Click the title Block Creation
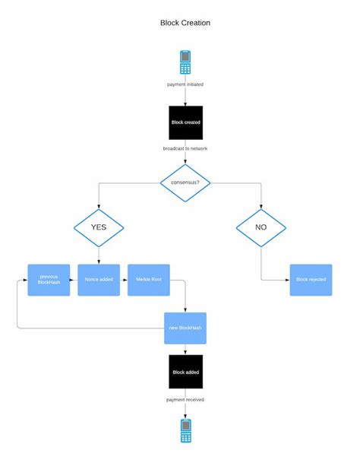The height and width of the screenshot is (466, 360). point(185,23)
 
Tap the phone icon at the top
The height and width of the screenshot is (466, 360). point(185,62)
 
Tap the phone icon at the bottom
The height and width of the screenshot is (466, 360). point(185,430)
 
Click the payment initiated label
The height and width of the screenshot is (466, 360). point(185,84)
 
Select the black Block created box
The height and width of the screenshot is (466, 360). point(185,122)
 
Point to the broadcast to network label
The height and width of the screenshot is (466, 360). point(185,148)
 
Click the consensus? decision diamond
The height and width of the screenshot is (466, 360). point(185,182)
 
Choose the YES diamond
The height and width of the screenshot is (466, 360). point(99,227)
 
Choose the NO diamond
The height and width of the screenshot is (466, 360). point(261,227)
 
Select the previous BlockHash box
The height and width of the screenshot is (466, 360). point(49,280)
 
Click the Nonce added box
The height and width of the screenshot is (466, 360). point(99,280)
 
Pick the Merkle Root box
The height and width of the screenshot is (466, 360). point(149,280)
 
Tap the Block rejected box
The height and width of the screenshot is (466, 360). point(311,280)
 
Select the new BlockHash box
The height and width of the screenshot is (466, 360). point(185,328)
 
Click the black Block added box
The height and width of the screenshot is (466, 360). point(185,372)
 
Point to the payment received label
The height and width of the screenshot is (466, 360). point(185,399)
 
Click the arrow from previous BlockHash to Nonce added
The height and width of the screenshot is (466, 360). point(74,280)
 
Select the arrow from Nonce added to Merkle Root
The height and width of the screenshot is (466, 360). point(124,280)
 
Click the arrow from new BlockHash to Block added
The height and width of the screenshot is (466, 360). point(185,349)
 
